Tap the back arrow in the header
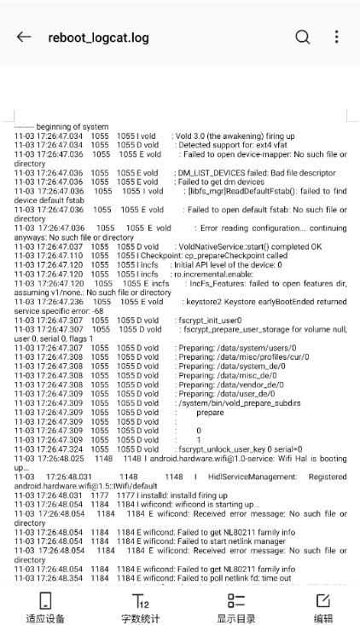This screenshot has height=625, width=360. tap(24, 37)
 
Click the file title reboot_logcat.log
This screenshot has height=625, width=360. tap(98, 38)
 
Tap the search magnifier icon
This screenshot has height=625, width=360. tap(303, 37)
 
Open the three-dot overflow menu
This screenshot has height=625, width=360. tap(336, 37)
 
